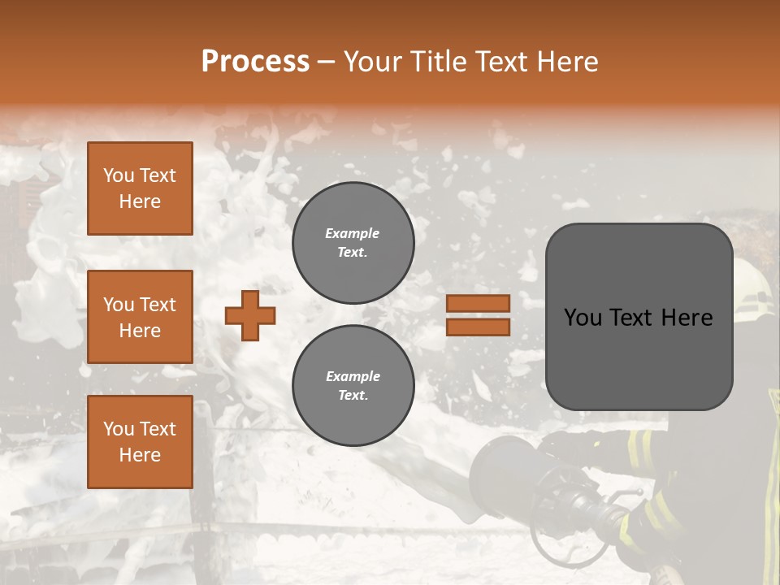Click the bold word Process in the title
point(255,61)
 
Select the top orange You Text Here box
point(140,188)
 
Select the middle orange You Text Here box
point(140,317)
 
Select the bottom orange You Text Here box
point(140,441)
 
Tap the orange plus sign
point(250,315)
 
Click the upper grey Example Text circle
point(353,243)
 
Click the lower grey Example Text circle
point(353,386)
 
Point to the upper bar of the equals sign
point(478,303)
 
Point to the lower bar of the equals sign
point(478,327)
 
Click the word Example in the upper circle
point(352,233)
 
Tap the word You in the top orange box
point(118,175)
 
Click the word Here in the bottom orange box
point(140,455)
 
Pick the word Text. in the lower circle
point(353,396)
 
